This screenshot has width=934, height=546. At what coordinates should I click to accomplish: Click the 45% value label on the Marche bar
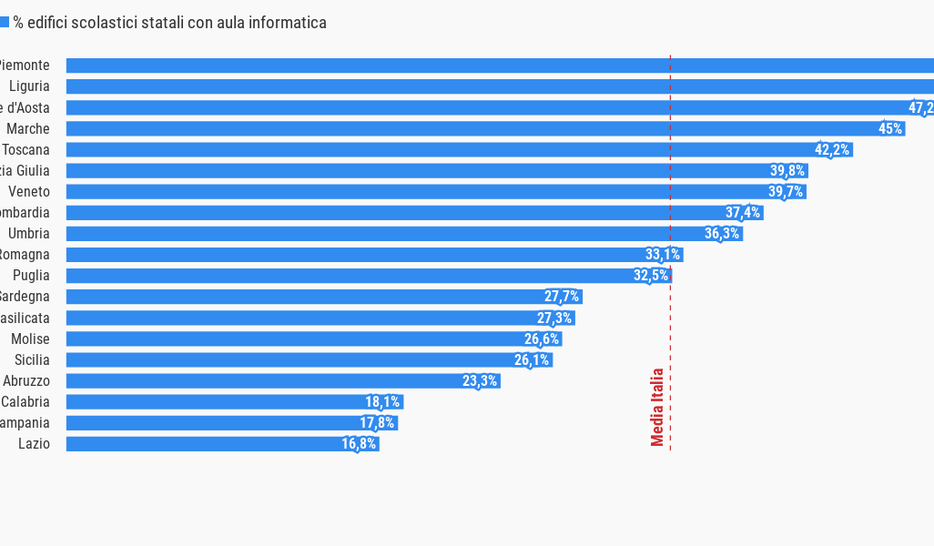point(890,129)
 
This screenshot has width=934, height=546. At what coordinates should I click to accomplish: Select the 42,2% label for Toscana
point(833,150)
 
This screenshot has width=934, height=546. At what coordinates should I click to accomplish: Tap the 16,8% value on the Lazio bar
point(360,444)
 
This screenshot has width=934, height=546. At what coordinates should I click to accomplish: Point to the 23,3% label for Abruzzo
point(480,381)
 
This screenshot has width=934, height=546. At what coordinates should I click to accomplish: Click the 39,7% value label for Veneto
point(786,192)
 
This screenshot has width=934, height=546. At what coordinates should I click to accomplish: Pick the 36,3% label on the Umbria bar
point(722,234)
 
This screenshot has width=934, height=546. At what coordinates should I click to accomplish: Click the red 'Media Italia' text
point(657,407)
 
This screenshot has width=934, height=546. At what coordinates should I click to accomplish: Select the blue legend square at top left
point(4,23)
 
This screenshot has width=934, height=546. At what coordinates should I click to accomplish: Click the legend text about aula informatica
point(169,23)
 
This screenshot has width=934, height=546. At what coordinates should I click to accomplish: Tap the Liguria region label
point(29,86)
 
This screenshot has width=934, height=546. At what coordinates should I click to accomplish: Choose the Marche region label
point(28,129)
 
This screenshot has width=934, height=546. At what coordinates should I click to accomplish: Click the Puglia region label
point(31,276)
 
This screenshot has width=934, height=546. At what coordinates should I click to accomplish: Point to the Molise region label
point(30,339)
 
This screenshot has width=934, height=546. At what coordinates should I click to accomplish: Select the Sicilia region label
point(32,360)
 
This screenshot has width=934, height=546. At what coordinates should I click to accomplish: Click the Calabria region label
point(25,402)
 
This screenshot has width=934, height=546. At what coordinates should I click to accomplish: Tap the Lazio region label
point(34,444)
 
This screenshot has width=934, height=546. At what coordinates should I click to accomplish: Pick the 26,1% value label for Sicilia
point(532,360)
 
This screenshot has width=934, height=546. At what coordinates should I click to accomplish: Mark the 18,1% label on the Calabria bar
point(382,402)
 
